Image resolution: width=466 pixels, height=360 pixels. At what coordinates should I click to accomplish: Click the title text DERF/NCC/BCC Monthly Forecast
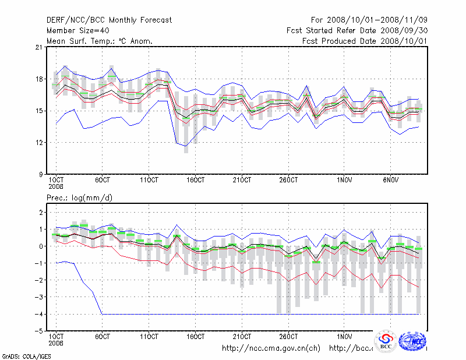click(x=109, y=20)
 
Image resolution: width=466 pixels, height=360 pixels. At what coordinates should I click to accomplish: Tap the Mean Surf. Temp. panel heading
click(x=100, y=41)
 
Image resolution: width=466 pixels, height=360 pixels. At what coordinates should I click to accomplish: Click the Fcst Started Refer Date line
click(x=357, y=30)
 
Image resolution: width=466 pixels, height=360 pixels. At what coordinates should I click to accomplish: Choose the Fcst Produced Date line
click(x=365, y=41)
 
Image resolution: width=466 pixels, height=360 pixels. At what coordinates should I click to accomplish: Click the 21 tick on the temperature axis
click(x=41, y=47)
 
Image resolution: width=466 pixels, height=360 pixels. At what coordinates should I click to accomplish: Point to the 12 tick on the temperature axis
click(x=41, y=142)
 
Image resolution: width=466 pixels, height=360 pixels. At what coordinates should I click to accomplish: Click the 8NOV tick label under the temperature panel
click(x=392, y=179)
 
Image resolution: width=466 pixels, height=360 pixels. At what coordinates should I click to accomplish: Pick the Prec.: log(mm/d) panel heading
click(x=79, y=198)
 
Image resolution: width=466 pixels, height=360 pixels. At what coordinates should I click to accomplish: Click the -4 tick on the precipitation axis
click(x=41, y=314)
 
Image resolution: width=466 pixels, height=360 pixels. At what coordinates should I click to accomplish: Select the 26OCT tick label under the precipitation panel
click(x=288, y=336)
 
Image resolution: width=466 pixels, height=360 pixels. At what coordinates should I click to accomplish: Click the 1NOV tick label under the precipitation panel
click(x=344, y=336)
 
